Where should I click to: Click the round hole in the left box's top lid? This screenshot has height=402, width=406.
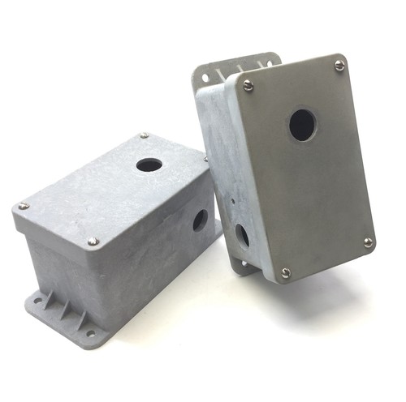tap(149, 165)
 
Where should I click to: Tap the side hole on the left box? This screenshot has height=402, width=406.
tap(199, 220)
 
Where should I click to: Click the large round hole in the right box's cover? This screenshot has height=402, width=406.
tap(302, 125)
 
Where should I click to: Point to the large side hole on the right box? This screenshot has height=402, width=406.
tap(242, 235)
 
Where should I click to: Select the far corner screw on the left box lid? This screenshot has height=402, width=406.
tap(144, 135)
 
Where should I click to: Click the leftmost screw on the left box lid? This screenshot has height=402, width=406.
tap(24, 206)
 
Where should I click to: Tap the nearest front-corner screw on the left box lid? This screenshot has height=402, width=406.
tap(93, 241)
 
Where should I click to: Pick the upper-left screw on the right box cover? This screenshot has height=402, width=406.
tap(248, 83)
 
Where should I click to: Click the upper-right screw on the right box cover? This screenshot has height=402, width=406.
tap(339, 65)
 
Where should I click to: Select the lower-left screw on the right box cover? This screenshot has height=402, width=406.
tap(285, 273)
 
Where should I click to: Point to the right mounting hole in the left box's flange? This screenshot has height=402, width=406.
tap(90, 332)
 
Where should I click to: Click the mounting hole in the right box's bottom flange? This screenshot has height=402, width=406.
tap(243, 263)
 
